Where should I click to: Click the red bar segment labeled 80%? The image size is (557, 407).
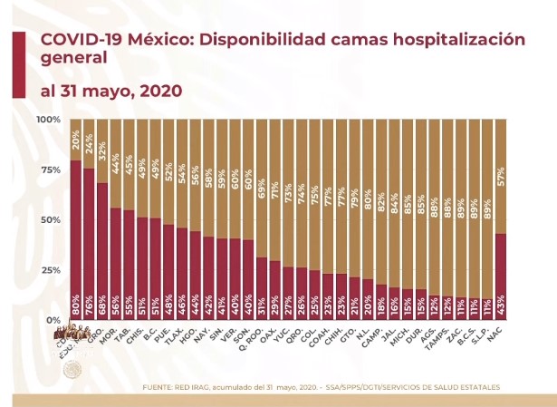coord(76,240)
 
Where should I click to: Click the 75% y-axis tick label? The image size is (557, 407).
coord(50,170)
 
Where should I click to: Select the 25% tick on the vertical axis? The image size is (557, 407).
coord(50,270)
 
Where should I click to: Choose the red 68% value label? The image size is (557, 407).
coord(103,309)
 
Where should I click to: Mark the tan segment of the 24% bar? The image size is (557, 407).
coord(90,143)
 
